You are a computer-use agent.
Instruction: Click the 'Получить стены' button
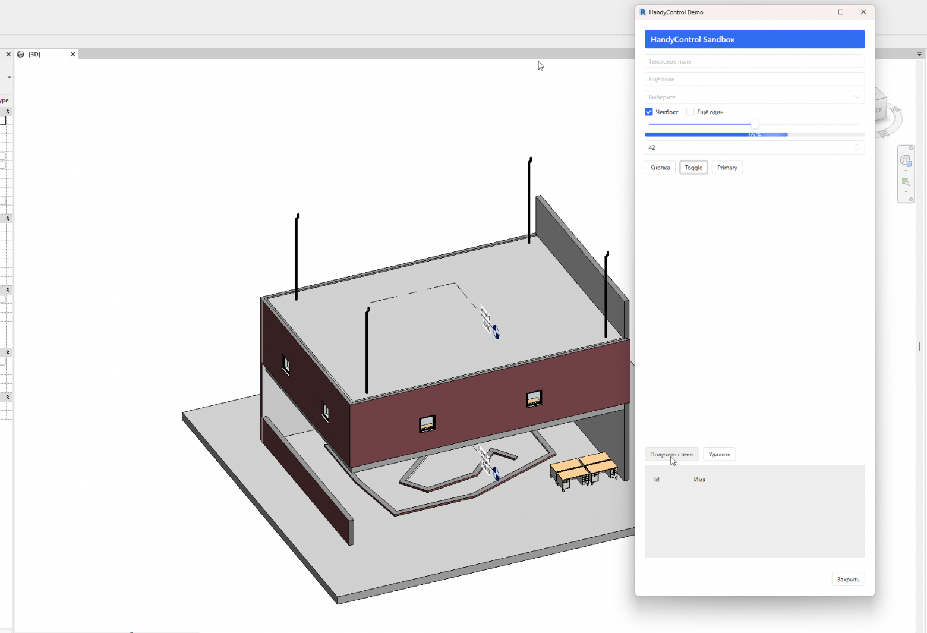[671, 454]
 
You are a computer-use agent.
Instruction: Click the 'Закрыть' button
[847, 579]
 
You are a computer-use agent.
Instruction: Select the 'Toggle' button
[693, 168]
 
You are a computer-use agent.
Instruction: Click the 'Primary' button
[727, 168]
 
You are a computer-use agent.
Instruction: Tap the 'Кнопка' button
[660, 168]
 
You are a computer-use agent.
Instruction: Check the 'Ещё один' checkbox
[690, 112]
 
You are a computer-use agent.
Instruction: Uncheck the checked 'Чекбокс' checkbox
[649, 112]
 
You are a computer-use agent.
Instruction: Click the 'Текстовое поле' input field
[754, 61]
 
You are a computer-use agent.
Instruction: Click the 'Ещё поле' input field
[754, 79]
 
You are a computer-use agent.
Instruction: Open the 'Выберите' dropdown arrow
[856, 97]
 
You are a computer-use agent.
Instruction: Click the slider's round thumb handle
[755, 124]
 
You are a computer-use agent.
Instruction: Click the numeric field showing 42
[749, 147]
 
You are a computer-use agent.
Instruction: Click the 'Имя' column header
[699, 480]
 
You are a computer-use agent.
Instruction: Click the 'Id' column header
[657, 480]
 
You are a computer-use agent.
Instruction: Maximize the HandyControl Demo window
[840, 12]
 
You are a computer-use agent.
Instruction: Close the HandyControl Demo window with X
[863, 12]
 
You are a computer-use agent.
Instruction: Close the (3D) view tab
[73, 54]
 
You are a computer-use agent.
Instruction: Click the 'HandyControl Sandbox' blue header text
[692, 39]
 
